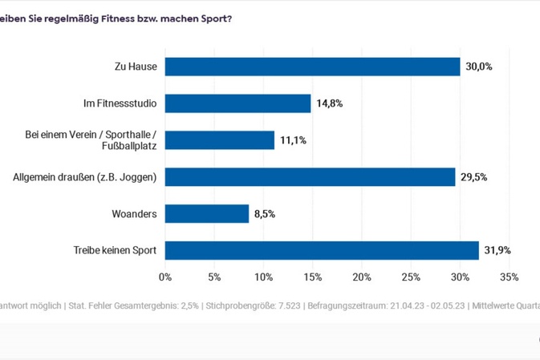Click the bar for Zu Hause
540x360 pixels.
click(312, 67)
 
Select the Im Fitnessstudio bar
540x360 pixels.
click(238, 103)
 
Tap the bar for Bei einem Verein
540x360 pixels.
click(219, 140)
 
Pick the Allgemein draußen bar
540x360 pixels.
click(310, 177)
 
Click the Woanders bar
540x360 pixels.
click(207, 213)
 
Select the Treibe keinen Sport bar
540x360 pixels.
click(322, 251)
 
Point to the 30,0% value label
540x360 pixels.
click(479, 67)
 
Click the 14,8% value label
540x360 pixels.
click(330, 103)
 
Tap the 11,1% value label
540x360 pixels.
click(293, 140)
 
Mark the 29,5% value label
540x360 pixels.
click(474, 177)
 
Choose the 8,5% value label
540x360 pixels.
click(266, 213)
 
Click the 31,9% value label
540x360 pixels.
click(497, 251)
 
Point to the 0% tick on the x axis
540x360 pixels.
click(165, 277)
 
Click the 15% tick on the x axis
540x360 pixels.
click(312, 277)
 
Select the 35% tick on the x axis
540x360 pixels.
click(509, 277)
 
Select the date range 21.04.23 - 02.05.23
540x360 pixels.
click(420, 305)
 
